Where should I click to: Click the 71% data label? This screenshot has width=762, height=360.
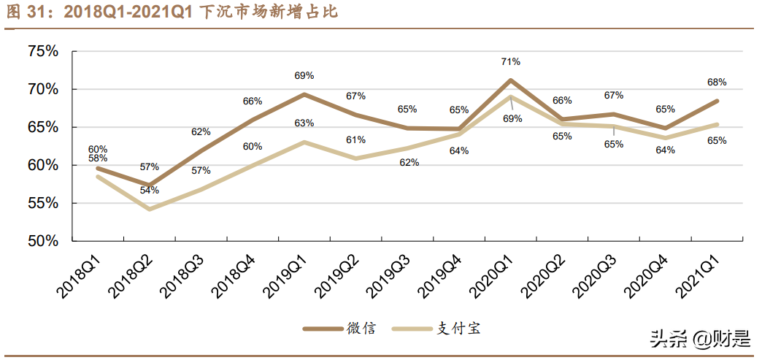click(510, 62)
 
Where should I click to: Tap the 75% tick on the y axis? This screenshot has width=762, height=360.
click(43, 51)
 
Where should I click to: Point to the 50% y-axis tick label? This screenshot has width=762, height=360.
click(43, 241)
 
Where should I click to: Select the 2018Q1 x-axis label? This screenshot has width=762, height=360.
click(80, 277)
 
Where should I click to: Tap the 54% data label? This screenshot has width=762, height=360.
click(149, 191)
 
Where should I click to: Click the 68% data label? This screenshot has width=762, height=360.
click(717, 83)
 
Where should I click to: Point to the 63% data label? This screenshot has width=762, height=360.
click(304, 123)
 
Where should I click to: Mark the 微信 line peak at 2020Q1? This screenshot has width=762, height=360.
click(510, 80)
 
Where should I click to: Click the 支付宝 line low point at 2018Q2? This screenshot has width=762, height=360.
click(149, 209)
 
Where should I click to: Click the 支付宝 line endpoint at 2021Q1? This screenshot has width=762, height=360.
click(717, 124)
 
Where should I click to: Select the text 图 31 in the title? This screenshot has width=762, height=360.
click(26, 12)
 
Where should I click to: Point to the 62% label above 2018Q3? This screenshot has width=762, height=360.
click(201, 132)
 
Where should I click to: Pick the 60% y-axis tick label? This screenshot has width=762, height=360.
click(43, 165)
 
